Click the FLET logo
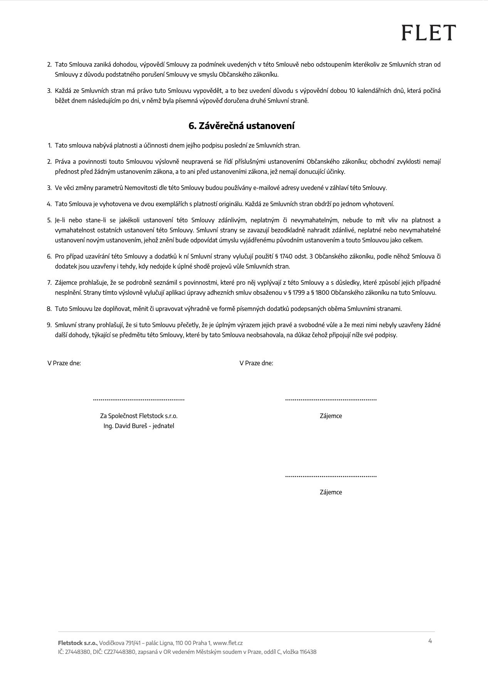coord(429,33)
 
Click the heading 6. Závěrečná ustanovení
coord(242,126)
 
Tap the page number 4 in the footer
coord(430,641)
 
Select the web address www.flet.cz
coord(228,643)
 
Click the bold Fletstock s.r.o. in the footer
coord(77,643)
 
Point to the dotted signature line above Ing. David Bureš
coord(139,400)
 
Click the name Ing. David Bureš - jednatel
coord(139,426)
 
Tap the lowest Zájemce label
coord(331,492)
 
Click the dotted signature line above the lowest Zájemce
coord(331,476)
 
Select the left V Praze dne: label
coord(64,363)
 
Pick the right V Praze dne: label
coord(256,363)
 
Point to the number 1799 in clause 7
coord(299,293)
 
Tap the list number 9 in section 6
coord(49,325)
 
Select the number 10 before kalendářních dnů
coord(352,91)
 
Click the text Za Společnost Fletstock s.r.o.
coord(139,416)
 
